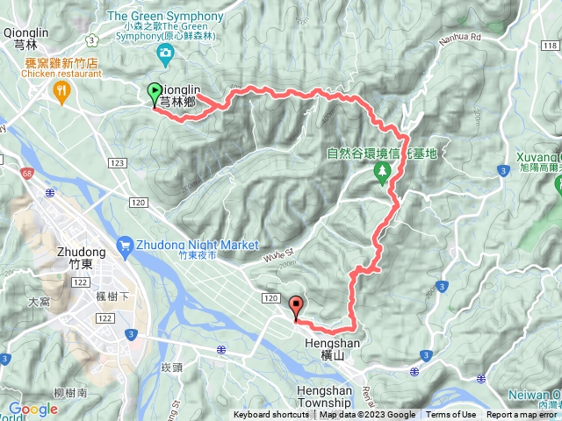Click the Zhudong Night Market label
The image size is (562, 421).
(x=196, y=245)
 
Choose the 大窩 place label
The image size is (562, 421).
(x=40, y=301)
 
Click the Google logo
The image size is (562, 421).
(x=32, y=409)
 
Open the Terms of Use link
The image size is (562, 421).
(x=450, y=415)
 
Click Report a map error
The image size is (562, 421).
(x=523, y=415)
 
